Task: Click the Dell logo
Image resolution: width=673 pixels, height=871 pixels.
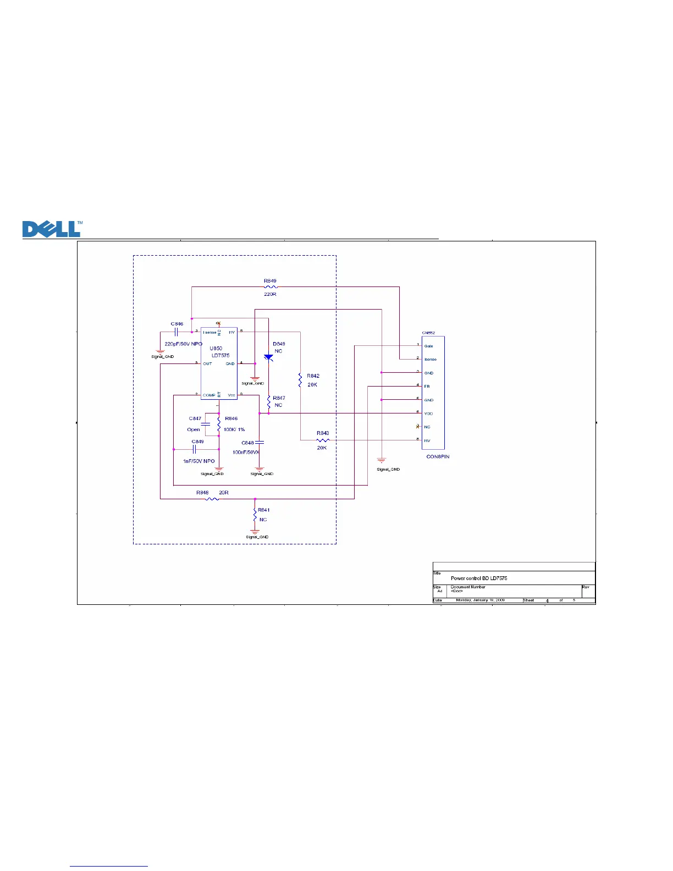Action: click(x=52, y=229)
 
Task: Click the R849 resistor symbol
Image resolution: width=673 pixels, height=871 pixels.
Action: click(x=270, y=287)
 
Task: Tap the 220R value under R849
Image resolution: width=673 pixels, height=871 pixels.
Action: click(x=270, y=295)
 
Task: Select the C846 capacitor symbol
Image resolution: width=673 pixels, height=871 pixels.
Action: click(x=177, y=332)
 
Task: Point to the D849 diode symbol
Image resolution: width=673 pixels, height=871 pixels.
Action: click(x=268, y=358)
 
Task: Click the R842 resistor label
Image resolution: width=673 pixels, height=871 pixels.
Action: click(x=313, y=376)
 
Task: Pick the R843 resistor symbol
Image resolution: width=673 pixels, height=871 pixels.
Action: click(x=323, y=440)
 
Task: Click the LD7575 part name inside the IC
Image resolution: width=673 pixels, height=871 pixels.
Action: click(x=220, y=356)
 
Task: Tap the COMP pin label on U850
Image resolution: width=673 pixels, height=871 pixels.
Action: click(x=209, y=395)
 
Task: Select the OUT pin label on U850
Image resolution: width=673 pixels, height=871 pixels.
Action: click(x=207, y=363)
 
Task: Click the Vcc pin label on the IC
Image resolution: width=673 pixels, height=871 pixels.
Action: click(x=231, y=395)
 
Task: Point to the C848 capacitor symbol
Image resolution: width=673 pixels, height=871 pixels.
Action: click(x=260, y=442)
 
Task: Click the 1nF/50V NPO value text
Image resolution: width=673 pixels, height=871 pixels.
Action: click(x=198, y=461)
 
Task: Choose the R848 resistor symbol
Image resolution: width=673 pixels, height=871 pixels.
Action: click(x=212, y=499)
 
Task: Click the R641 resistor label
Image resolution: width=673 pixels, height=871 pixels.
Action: click(x=264, y=510)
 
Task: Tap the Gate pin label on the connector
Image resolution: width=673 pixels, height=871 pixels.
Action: click(x=428, y=346)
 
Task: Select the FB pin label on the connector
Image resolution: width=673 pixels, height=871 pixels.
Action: click(x=427, y=387)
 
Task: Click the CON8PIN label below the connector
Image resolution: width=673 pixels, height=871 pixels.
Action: click(x=438, y=457)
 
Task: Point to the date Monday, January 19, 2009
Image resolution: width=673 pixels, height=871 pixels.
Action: click(x=480, y=600)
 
